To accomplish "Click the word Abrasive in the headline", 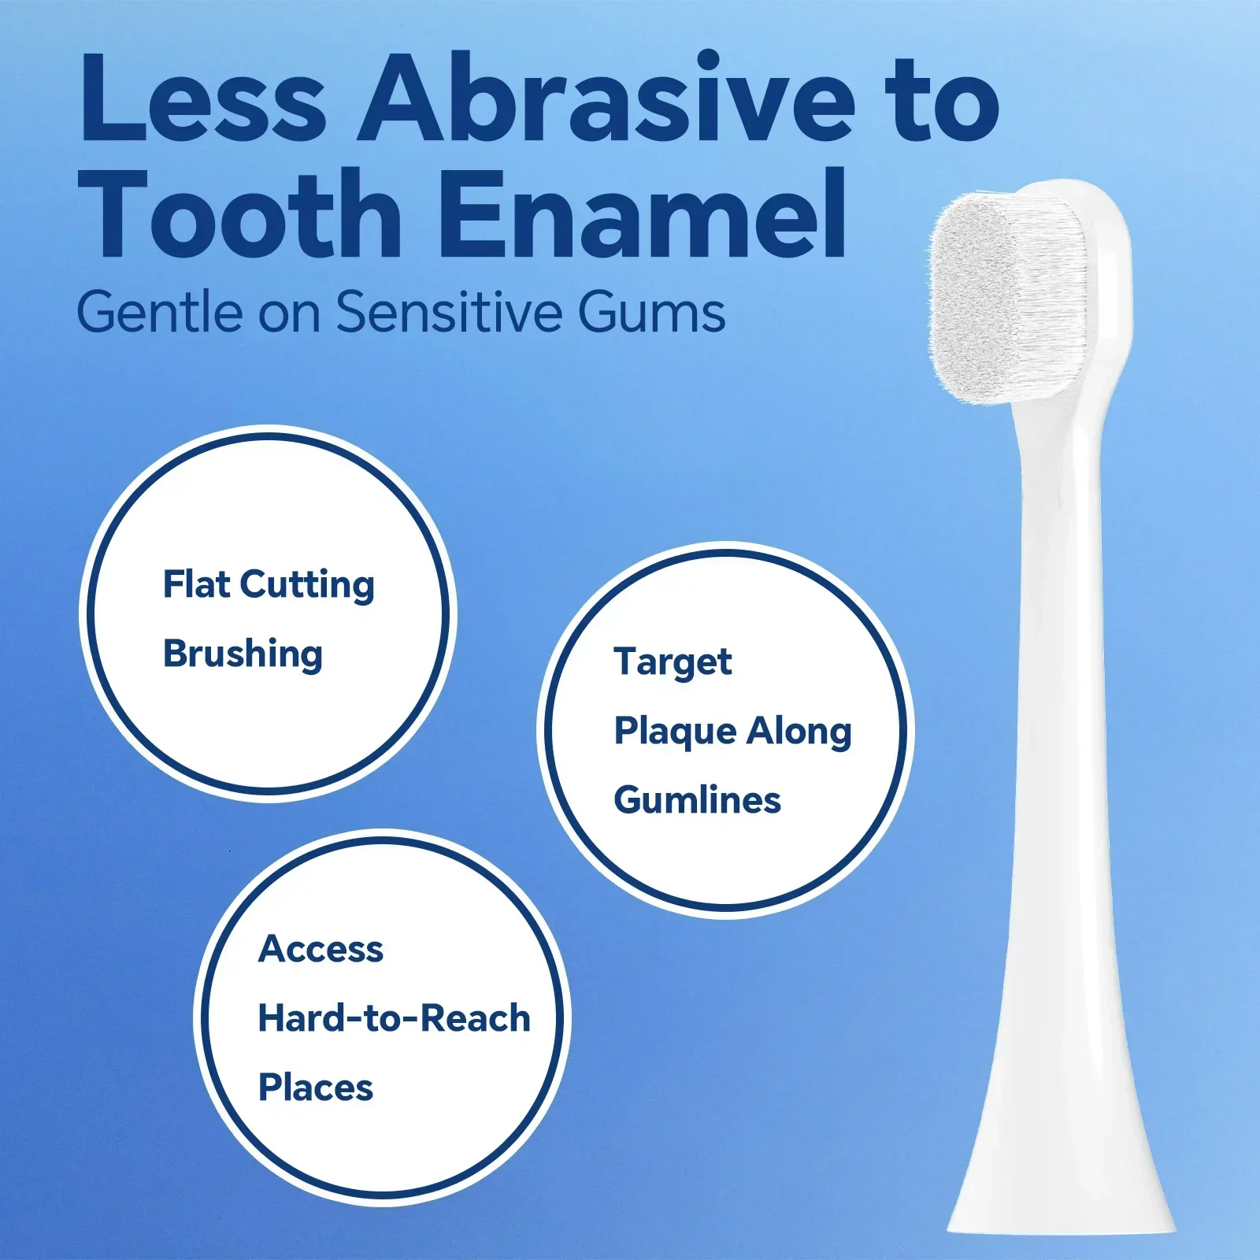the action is (x=606, y=98).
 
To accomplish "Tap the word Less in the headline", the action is (x=203, y=98).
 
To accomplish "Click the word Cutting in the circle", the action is (x=307, y=585).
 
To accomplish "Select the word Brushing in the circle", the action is (x=243, y=654).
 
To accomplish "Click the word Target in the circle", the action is (x=673, y=662).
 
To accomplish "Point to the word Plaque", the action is (x=675, y=732).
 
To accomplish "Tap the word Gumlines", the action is (x=697, y=799).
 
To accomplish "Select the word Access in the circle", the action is (x=321, y=949).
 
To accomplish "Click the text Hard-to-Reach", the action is (x=394, y=1018).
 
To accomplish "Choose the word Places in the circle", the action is (x=316, y=1088).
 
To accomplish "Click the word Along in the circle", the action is (x=799, y=732).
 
